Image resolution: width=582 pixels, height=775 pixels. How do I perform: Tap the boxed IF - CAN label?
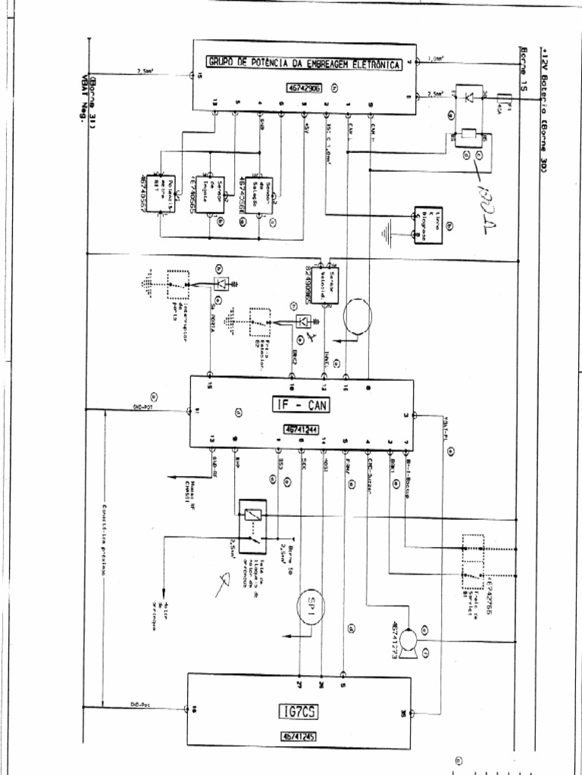[x=301, y=406]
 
